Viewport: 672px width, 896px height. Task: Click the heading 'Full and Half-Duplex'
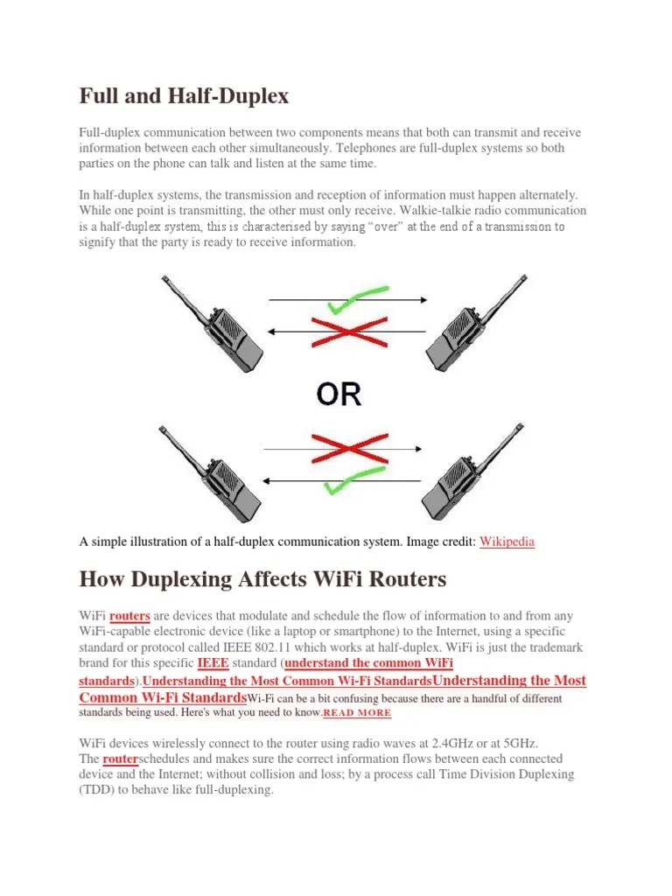(184, 96)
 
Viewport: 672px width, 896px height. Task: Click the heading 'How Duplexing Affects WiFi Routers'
(262, 579)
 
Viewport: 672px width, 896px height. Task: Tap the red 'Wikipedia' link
(507, 542)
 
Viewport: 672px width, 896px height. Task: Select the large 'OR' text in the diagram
(339, 394)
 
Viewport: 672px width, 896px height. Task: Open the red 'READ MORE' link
(358, 714)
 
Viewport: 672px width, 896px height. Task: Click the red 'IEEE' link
(213, 663)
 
